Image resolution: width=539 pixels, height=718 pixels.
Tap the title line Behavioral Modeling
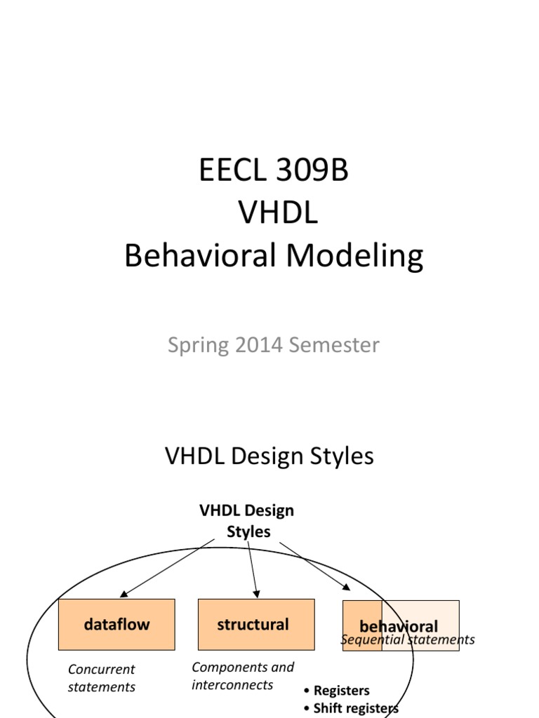[x=273, y=256]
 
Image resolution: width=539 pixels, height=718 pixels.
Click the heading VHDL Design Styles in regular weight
[x=269, y=456]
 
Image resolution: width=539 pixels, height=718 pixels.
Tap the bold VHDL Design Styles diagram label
[x=247, y=521]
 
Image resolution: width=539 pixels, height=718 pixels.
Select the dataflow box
[x=117, y=624]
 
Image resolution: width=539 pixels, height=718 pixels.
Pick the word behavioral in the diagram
[x=398, y=626]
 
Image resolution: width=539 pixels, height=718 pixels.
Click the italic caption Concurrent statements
[x=101, y=678]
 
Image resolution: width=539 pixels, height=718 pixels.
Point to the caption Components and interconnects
[x=243, y=675]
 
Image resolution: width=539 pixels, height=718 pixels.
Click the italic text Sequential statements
[x=407, y=639]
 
